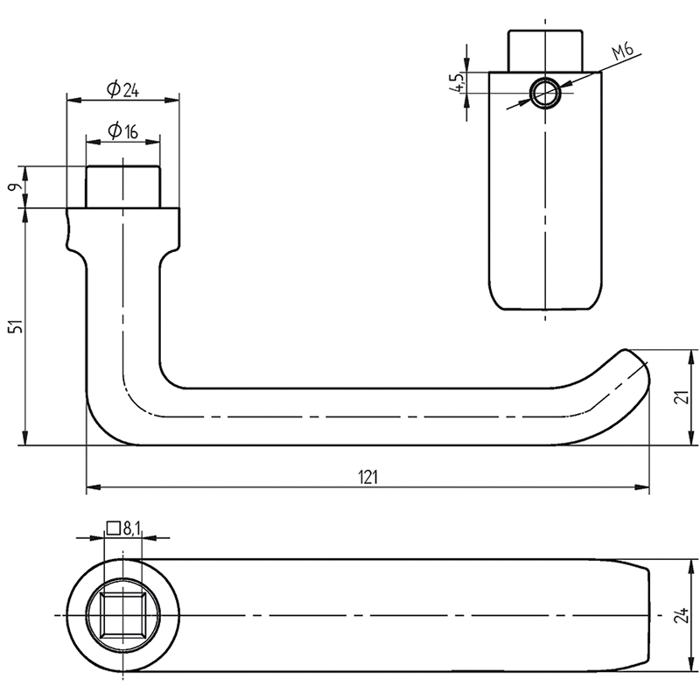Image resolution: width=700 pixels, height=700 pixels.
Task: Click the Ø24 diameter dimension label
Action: (x=122, y=88)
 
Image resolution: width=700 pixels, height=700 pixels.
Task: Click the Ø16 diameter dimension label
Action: (x=122, y=131)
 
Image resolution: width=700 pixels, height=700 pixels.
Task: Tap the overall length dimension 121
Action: (x=367, y=477)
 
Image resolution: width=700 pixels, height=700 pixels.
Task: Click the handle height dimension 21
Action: (x=685, y=397)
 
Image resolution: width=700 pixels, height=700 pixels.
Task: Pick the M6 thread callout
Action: (x=622, y=53)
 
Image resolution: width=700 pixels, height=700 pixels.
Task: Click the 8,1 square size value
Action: (x=132, y=528)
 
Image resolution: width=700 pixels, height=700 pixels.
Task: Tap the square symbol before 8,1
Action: (x=113, y=528)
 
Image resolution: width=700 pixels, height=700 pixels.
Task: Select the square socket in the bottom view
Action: (x=122, y=612)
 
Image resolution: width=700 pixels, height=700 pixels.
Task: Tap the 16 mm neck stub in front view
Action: (x=122, y=186)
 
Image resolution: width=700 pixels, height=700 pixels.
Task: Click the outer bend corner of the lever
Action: (x=101, y=429)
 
